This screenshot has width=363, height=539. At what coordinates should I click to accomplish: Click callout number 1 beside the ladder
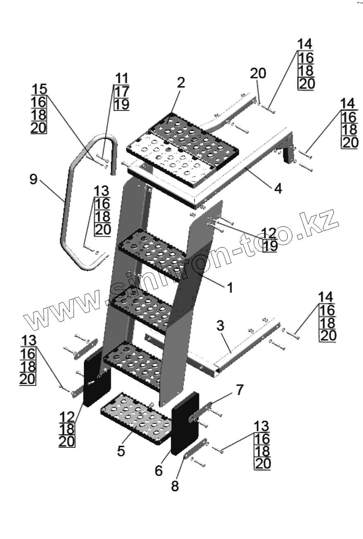(230, 288)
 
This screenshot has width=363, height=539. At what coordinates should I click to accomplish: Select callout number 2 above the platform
(181, 83)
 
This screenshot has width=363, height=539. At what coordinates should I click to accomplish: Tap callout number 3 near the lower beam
(220, 326)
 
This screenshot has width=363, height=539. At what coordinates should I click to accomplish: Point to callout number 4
(278, 189)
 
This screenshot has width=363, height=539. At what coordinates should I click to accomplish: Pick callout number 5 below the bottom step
(121, 451)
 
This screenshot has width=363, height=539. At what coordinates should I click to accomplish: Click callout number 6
(159, 470)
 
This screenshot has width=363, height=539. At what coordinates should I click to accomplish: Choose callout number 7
(240, 390)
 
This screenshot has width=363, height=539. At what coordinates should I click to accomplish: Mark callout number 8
(175, 486)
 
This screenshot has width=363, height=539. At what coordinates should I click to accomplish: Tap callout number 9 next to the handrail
(34, 179)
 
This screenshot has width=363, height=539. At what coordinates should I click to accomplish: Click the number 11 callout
(121, 78)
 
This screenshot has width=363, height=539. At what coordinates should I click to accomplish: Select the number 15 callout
(39, 89)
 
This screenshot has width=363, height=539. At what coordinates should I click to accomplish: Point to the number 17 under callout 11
(121, 91)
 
